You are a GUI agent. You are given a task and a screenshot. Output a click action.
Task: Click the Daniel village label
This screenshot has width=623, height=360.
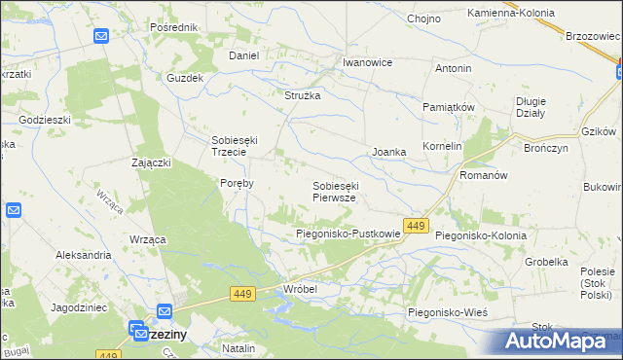click(243, 55)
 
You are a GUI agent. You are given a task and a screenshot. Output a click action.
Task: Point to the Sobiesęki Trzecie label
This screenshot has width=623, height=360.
click(235, 145)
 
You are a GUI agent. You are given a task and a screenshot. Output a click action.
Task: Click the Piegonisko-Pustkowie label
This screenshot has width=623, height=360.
click(348, 234)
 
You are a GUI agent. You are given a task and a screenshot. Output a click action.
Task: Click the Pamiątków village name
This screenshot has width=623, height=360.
click(448, 106)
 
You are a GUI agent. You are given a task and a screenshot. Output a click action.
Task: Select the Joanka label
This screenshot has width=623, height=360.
click(388, 152)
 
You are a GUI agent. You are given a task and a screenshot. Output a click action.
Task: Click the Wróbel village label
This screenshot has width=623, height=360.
click(300, 289)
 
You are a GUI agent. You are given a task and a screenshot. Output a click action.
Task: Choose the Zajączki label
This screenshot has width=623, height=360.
click(152, 162)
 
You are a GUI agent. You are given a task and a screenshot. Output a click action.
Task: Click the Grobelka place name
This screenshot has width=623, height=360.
click(546, 262)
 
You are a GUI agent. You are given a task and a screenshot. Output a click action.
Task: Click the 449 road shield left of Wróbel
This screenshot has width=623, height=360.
click(242, 293)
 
